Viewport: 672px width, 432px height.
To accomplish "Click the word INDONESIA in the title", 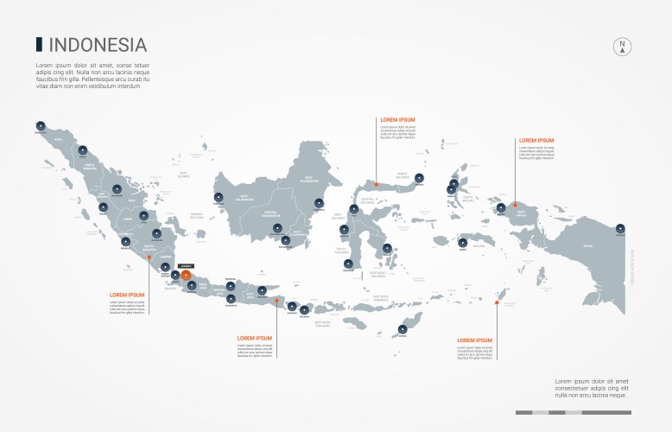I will [97, 45].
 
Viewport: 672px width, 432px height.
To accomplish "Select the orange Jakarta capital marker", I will [186, 275].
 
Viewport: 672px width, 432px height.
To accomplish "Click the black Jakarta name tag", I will [186, 266].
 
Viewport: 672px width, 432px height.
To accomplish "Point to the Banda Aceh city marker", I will [41, 126].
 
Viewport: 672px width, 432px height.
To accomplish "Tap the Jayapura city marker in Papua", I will [620, 228].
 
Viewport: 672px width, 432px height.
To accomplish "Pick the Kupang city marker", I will [403, 327].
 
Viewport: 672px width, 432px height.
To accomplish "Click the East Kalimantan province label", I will [308, 180].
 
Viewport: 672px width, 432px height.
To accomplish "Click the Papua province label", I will [588, 246].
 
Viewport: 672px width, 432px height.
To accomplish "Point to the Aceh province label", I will [59, 138].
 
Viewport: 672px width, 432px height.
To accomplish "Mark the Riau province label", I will [132, 200].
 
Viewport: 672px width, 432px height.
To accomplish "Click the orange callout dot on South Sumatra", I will [149, 256].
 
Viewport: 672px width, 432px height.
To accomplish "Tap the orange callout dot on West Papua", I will [516, 206].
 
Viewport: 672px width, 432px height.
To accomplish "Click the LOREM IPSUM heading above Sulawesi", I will [397, 119].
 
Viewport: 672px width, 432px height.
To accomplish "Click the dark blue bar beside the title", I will [38, 44].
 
